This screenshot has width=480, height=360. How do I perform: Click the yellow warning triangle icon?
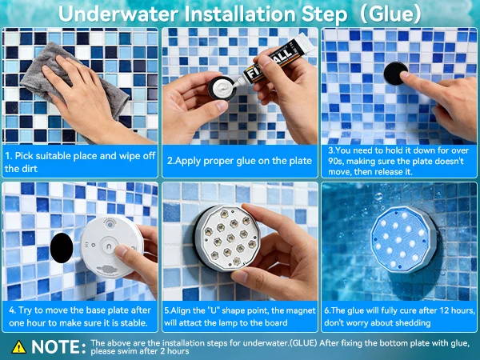[x=19, y=347]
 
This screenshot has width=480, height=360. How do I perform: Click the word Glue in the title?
[x=390, y=14]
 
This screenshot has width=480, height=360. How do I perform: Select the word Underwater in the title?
[x=118, y=14]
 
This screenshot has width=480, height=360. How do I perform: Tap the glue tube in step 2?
[x=277, y=58]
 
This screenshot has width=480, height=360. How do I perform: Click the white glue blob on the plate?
[x=223, y=86]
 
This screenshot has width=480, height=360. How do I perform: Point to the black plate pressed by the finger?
[x=395, y=73]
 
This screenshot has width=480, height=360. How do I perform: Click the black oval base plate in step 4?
[x=62, y=248]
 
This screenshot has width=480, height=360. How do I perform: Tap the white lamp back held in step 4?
[x=112, y=246]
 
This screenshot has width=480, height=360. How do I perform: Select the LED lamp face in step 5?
[x=229, y=238]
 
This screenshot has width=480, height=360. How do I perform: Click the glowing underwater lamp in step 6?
[x=403, y=239]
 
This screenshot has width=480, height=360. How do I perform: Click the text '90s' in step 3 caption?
[x=335, y=161]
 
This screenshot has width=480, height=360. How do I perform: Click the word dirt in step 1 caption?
[x=29, y=168]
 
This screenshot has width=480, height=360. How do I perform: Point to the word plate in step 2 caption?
[x=298, y=161]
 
